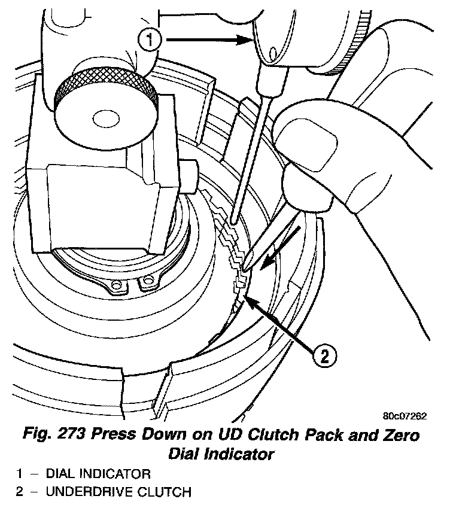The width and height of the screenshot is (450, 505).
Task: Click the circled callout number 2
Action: tap(323, 357)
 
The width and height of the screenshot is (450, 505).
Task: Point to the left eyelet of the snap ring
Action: tap(116, 286)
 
